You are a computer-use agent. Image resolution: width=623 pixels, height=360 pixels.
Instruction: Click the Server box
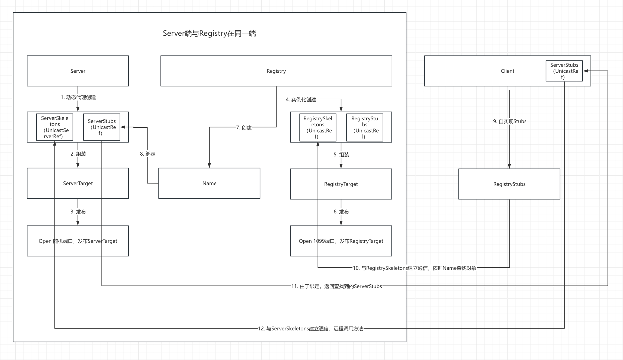pyautogui.click(x=78, y=71)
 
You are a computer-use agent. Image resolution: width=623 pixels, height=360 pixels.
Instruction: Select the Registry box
pyautogui.click(x=276, y=71)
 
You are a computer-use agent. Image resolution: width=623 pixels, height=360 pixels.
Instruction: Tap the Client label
pyautogui.click(x=507, y=71)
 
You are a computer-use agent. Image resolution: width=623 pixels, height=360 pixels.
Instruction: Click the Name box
pyautogui.click(x=209, y=183)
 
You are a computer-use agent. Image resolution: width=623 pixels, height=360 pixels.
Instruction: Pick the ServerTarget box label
pyautogui.click(x=78, y=183)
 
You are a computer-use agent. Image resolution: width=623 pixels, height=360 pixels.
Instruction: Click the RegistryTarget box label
pyautogui.click(x=341, y=184)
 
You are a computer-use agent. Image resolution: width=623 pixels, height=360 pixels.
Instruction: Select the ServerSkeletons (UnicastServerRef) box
pyautogui.click(x=55, y=127)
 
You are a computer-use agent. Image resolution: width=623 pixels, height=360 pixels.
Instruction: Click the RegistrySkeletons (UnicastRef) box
pyautogui.click(x=318, y=127)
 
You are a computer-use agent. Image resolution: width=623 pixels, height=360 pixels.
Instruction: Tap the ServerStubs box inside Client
pyautogui.click(x=564, y=71)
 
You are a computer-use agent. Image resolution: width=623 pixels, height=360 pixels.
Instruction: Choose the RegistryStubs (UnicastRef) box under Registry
pyautogui.click(x=365, y=127)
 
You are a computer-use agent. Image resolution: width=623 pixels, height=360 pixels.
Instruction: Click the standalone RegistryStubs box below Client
pyautogui.click(x=509, y=184)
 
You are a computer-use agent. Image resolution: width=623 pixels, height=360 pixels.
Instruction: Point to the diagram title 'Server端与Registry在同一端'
pyautogui.click(x=209, y=33)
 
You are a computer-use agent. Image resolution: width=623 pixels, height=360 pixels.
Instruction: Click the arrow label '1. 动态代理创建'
pyautogui.click(x=78, y=97)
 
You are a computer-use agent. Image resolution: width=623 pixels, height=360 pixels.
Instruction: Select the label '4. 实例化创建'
pyautogui.click(x=301, y=99)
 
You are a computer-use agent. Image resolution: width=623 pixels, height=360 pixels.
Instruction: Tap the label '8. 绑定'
pyautogui.click(x=147, y=154)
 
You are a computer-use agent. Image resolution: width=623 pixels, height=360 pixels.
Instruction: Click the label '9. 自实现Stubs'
pyautogui.click(x=510, y=121)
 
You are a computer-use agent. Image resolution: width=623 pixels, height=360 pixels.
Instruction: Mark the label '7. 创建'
pyautogui.click(x=244, y=127)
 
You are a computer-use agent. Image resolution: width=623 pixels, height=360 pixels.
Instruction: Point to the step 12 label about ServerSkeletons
pyautogui.click(x=310, y=329)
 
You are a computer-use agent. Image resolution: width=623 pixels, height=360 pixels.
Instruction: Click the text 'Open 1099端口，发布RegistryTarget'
pyautogui.click(x=341, y=241)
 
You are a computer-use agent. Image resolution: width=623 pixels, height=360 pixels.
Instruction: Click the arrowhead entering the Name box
pyautogui.click(x=209, y=165)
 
